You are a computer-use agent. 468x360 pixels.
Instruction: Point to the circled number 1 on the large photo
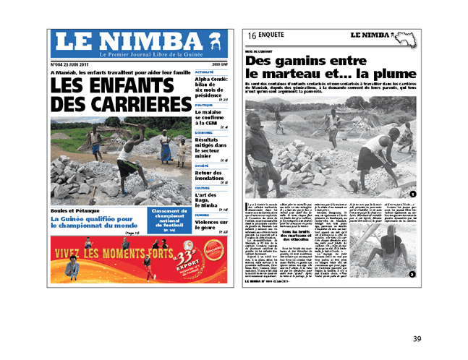[x=412, y=194]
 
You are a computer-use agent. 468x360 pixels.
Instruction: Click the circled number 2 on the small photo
[x=412, y=274]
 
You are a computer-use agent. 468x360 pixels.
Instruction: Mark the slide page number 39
[x=417, y=339]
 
